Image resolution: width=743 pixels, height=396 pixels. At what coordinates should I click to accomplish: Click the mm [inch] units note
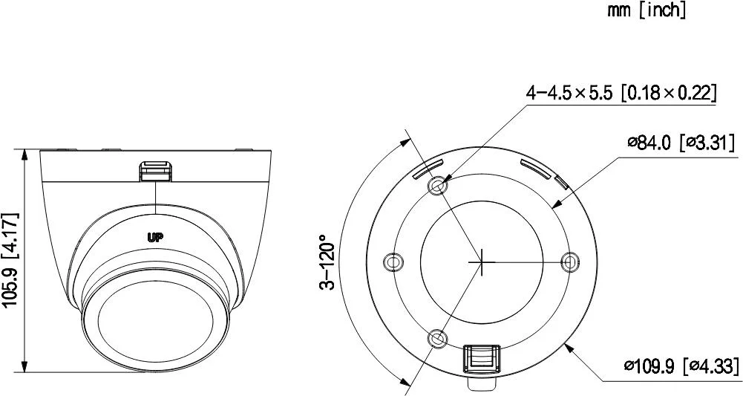647,10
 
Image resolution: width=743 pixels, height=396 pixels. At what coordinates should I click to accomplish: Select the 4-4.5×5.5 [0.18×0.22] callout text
621,93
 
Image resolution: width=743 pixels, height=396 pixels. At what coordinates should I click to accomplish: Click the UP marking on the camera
155,238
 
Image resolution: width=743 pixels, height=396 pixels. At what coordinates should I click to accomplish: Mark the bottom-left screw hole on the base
439,339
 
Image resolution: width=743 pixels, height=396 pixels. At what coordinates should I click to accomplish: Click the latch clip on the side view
156,170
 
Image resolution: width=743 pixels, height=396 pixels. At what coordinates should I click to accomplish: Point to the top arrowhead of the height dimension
26,154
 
